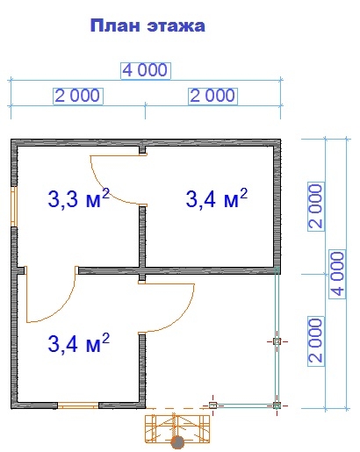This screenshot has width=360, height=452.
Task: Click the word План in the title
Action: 115,25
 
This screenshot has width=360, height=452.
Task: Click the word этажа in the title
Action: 176,26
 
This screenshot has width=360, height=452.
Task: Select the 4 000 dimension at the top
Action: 145,70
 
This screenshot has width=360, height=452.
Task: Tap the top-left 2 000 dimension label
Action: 78,96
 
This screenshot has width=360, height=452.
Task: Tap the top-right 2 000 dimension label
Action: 212,96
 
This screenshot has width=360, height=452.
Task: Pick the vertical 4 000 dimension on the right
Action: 338,274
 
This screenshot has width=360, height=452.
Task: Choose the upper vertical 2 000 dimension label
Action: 316,206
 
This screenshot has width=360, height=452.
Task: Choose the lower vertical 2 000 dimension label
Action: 316,341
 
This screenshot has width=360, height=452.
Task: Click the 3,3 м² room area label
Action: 79,198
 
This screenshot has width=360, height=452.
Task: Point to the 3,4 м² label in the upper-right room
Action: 217,198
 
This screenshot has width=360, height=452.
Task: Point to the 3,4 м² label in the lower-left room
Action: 79,342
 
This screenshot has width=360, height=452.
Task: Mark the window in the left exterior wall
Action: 14,206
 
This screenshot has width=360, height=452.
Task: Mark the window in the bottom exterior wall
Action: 78,405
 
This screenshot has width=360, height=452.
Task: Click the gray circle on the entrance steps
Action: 177,442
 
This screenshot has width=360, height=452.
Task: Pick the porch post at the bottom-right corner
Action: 277,405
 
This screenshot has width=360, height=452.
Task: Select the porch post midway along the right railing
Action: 277,341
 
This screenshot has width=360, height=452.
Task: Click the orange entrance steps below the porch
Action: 177,428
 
